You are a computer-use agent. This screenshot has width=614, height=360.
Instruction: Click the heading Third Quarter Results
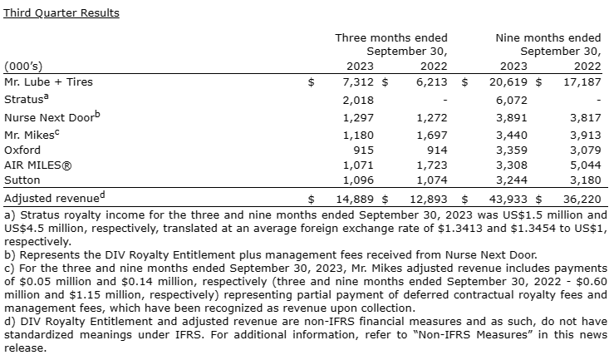61,12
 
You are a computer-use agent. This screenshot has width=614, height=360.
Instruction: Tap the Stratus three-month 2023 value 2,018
358,100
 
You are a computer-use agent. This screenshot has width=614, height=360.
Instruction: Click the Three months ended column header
391,37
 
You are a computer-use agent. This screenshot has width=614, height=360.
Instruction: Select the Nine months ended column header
548,37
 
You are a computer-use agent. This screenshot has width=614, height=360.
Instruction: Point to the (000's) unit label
23,67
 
